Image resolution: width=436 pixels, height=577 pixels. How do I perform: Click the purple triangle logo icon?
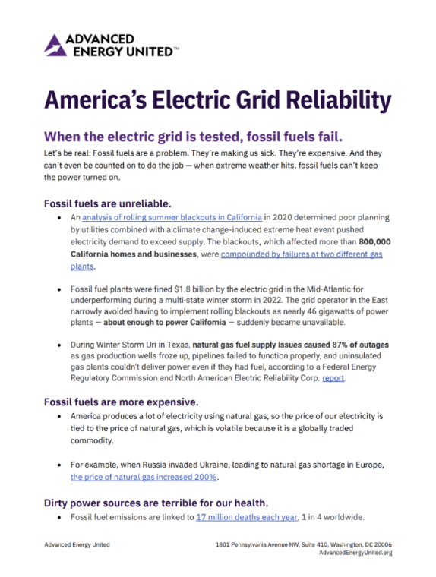click(55, 45)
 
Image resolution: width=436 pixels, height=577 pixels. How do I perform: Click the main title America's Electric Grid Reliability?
click(218, 100)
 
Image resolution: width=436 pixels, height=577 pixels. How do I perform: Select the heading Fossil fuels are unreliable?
click(107, 203)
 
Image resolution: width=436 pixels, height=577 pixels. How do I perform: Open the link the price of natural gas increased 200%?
click(144, 478)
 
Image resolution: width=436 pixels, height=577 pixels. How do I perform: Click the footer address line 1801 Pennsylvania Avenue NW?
click(304, 544)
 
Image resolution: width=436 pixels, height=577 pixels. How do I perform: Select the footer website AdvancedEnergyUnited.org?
click(355, 553)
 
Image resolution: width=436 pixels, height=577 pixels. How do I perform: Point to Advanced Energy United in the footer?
click(77, 544)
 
